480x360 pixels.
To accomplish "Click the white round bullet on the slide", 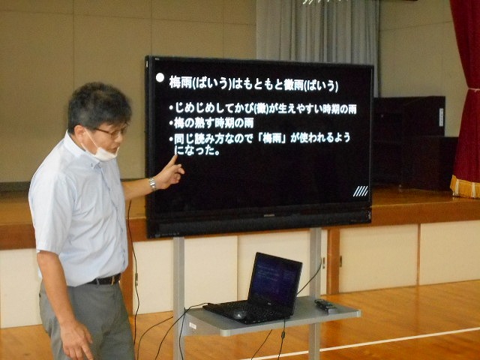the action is [x=160, y=78].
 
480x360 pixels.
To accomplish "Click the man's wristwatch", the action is [x=152, y=184].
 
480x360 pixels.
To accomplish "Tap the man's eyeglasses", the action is [x=112, y=132].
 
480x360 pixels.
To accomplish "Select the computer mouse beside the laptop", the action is [x=240, y=314].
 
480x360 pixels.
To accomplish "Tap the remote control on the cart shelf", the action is [x=325, y=306].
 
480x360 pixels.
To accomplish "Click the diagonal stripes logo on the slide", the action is [x=361, y=191].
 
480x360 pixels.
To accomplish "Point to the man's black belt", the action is [x=104, y=280].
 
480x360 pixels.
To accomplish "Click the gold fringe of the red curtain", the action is [x=465, y=187].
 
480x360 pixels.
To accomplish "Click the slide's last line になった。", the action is [x=197, y=150].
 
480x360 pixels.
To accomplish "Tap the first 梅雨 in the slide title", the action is [x=181, y=83].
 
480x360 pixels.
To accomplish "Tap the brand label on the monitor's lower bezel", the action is [x=268, y=215].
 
